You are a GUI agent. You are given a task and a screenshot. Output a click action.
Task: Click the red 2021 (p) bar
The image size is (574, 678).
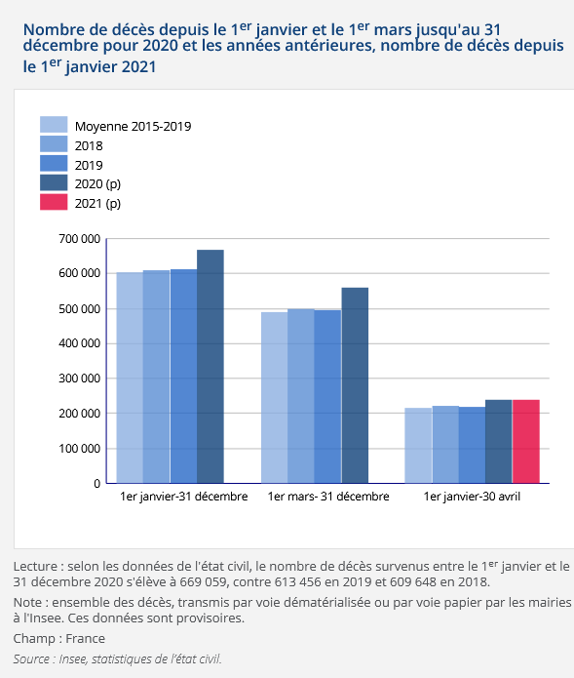[x=525, y=442]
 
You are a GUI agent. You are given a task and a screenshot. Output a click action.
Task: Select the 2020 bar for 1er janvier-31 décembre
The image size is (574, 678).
[x=210, y=366]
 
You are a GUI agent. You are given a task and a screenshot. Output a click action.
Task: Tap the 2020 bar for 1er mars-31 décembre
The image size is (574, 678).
[x=355, y=385]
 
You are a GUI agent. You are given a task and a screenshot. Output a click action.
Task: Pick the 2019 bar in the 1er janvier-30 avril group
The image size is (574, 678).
[x=472, y=445]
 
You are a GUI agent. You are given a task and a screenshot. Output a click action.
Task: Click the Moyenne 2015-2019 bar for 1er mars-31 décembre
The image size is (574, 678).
[x=274, y=397]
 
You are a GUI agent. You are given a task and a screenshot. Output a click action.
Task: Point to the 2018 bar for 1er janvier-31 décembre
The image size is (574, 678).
[x=156, y=377]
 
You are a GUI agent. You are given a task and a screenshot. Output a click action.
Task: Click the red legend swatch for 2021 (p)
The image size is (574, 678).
[x=54, y=202]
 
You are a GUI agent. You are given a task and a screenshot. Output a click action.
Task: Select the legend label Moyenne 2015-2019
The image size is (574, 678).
[x=134, y=126]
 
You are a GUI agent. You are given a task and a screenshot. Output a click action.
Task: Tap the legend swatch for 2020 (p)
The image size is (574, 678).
[x=54, y=182]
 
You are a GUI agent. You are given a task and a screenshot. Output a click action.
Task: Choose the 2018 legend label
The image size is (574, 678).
[x=89, y=145]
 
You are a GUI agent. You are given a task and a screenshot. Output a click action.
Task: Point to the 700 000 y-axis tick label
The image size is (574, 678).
[x=80, y=239]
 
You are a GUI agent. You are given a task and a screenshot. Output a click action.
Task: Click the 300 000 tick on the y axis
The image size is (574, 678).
[x=80, y=379]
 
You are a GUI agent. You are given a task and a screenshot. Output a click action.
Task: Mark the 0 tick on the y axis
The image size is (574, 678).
[x=97, y=484]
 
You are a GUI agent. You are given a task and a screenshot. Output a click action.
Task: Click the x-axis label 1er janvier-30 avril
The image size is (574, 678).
[x=472, y=497]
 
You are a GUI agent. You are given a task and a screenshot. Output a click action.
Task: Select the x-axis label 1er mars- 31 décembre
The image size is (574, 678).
[x=328, y=497]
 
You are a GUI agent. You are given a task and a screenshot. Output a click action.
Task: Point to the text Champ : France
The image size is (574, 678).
[x=59, y=639]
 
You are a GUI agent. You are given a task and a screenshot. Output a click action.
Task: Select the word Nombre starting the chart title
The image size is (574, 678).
[x=49, y=29]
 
